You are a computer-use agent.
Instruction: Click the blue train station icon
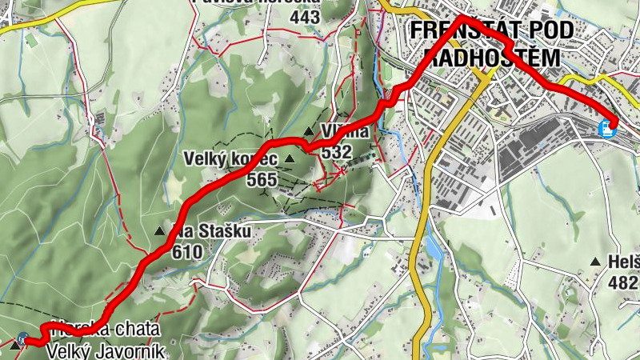609,126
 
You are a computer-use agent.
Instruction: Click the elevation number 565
261,180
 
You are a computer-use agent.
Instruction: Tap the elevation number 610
187,251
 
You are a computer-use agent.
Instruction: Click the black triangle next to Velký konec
290,159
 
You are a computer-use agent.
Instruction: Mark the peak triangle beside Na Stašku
160,232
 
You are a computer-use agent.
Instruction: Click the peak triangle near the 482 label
595,262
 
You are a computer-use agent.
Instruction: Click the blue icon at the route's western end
26,339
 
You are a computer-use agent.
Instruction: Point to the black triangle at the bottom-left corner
14,347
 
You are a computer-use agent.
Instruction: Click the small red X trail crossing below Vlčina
342,170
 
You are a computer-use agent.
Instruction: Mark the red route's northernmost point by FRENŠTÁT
462,18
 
